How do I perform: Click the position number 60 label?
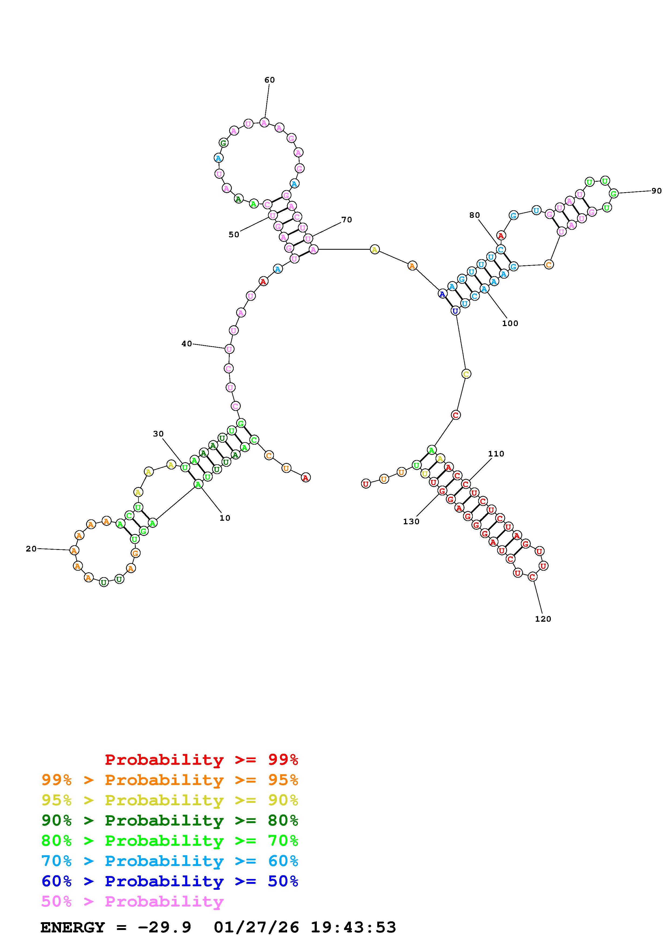pyautogui.click(x=270, y=80)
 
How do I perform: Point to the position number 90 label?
pyautogui.click(x=657, y=191)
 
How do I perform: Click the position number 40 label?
pyautogui.click(x=187, y=344)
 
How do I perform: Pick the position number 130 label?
pyautogui.click(x=411, y=521)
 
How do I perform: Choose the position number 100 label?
pyautogui.click(x=510, y=323)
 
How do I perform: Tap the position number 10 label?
pyautogui.click(x=225, y=518)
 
